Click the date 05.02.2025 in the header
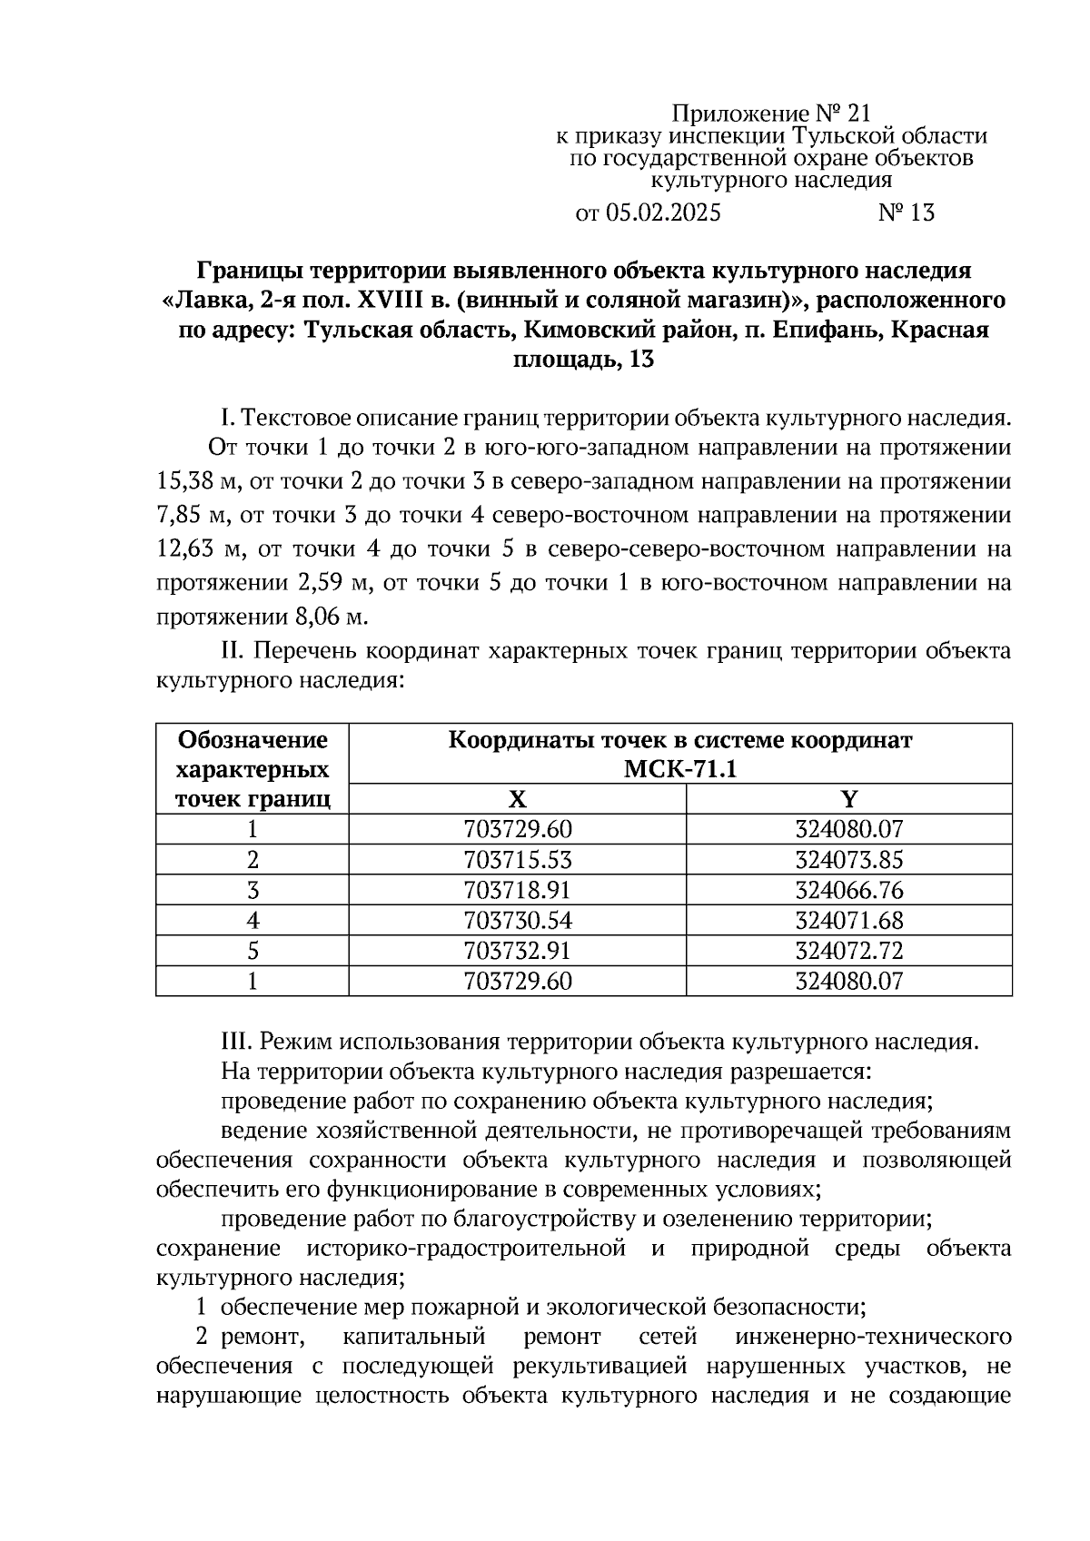(x=662, y=213)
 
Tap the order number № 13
(x=906, y=213)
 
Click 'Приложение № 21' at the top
(x=771, y=114)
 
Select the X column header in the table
(x=517, y=799)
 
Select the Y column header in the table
(x=848, y=799)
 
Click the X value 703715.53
(x=517, y=859)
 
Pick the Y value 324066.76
(x=848, y=890)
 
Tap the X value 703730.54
(x=517, y=920)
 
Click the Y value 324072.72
(x=848, y=951)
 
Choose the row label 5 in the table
(x=253, y=951)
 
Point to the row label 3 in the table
(x=253, y=890)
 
